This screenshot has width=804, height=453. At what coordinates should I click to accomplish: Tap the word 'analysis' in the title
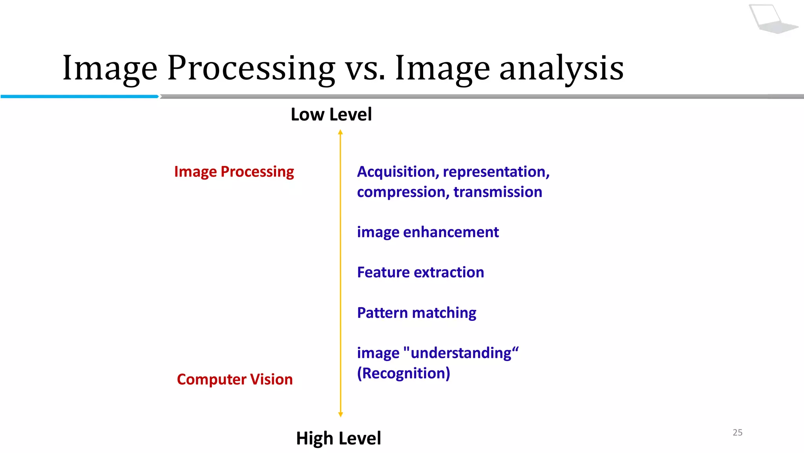pyautogui.click(x=561, y=69)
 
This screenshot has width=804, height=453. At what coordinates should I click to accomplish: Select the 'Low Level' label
pyautogui.click(x=331, y=114)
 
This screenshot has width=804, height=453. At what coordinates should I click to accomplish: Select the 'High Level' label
pyautogui.click(x=338, y=438)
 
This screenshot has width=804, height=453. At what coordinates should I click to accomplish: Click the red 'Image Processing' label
pyautogui.click(x=234, y=172)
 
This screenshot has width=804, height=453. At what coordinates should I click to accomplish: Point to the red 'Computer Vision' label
pyautogui.click(x=235, y=379)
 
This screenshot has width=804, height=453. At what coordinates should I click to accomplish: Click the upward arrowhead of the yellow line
pyautogui.click(x=340, y=133)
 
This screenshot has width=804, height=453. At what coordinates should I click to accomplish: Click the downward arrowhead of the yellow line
pyautogui.click(x=340, y=414)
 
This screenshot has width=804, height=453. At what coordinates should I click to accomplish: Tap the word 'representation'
pyautogui.click(x=496, y=172)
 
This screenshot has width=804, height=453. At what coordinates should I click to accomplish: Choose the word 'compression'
pyautogui.click(x=403, y=192)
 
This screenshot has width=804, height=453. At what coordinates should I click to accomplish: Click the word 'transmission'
pyautogui.click(x=497, y=192)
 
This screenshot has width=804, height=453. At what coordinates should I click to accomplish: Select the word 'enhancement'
pyautogui.click(x=451, y=232)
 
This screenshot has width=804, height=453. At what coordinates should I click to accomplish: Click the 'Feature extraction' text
pyautogui.click(x=420, y=273)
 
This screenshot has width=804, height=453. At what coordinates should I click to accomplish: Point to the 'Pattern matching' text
pyautogui.click(x=417, y=313)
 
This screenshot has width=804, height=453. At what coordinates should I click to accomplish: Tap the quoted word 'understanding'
pyautogui.click(x=461, y=353)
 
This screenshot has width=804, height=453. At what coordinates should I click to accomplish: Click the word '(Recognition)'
pyautogui.click(x=404, y=373)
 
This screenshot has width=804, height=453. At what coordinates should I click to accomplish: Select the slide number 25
pyautogui.click(x=737, y=433)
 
